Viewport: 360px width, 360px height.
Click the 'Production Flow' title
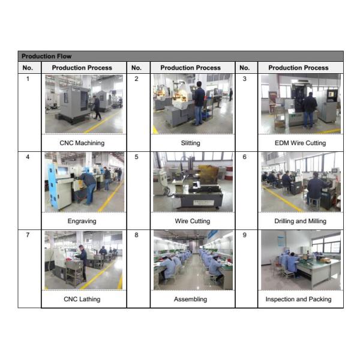tap(46, 56)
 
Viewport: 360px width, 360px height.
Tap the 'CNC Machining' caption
tap(82, 143)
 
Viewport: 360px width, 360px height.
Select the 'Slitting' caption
tap(190, 143)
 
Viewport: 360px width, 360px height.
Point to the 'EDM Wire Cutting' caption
tap(301, 143)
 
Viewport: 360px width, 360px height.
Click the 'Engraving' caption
tap(82, 221)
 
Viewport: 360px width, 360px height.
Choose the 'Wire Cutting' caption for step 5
tap(193, 221)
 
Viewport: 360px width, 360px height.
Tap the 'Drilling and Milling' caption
tap(301, 221)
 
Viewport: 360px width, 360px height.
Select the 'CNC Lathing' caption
tap(82, 299)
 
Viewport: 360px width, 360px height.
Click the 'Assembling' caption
tap(190, 299)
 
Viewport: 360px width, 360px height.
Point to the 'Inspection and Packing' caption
tap(298, 299)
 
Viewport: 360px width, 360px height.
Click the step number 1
tap(28, 79)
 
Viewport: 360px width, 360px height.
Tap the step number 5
tap(136, 157)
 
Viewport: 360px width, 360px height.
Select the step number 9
tap(245, 235)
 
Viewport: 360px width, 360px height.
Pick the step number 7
tap(28, 235)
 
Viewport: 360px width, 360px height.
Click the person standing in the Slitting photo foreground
tap(199, 103)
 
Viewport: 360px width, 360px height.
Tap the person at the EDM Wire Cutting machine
tap(309, 110)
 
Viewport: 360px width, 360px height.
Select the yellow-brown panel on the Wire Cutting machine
tap(208, 175)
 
